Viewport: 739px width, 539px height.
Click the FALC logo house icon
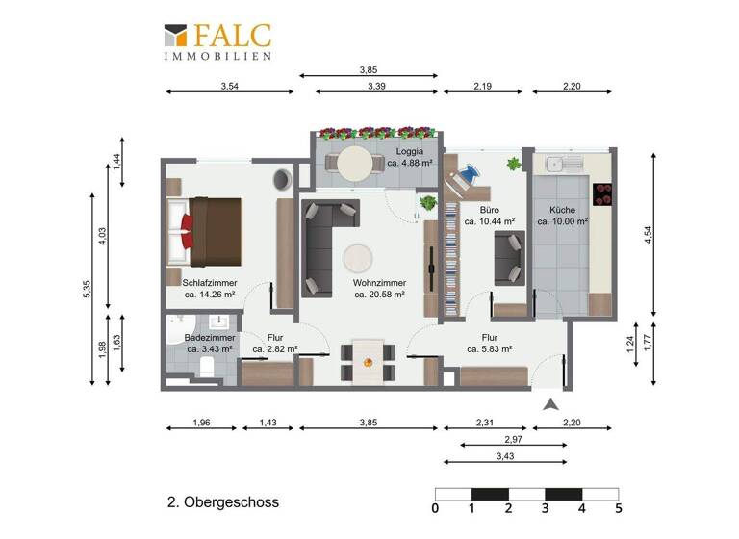(176, 36)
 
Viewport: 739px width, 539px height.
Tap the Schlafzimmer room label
(210, 283)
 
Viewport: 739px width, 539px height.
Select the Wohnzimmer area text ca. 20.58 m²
(378, 295)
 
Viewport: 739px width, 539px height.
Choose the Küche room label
(563, 210)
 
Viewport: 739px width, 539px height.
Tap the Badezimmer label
(209, 338)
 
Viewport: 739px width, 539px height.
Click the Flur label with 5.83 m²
(489, 338)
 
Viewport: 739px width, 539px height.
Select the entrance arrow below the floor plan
(549, 406)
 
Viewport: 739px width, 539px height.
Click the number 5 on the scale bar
(618, 508)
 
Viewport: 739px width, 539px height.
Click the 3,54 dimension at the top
(229, 86)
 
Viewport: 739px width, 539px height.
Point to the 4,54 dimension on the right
(648, 234)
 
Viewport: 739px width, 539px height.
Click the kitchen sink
(556, 165)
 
